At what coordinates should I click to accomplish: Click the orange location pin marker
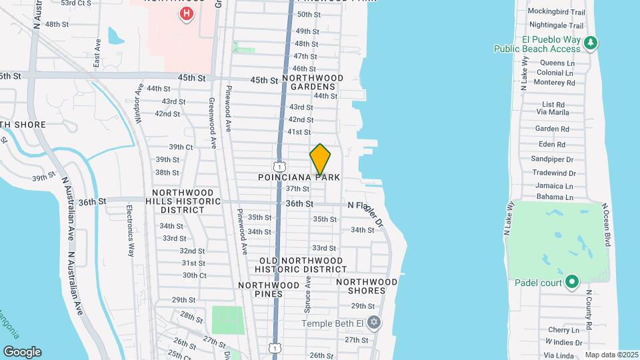tap(320, 159)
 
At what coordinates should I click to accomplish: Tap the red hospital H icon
tap(187, 13)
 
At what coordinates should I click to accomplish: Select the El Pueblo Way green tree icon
tap(589, 43)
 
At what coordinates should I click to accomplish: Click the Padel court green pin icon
tap(571, 282)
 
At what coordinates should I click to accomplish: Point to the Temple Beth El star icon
tap(374, 323)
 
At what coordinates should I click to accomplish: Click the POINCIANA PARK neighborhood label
tap(299, 177)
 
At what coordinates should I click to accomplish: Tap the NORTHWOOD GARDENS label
tap(313, 82)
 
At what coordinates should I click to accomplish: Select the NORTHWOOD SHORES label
tap(361, 286)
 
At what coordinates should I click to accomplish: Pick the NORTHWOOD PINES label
tap(269, 289)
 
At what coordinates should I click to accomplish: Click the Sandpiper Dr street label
tap(553, 159)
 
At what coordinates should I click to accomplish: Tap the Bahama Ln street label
tap(555, 197)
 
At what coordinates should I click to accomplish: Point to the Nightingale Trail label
tap(555, 25)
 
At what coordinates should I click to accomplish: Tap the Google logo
tap(22, 351)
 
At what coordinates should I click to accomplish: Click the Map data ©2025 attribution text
tap(611, 355)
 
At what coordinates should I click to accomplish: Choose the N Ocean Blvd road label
tap(607, 225)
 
